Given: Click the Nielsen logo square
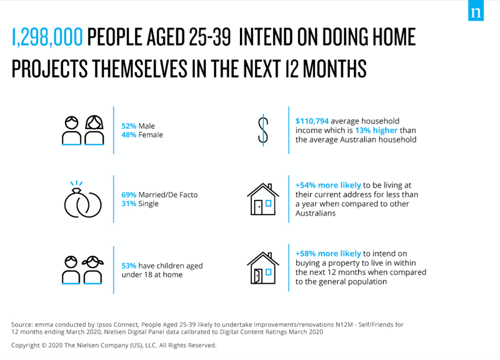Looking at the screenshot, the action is point(476,11).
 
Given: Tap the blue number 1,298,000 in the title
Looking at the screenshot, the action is point(47,37).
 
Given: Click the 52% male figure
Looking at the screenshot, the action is point(129,126).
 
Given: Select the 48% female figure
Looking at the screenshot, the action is point(129,135).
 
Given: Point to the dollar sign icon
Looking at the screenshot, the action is point(263,130).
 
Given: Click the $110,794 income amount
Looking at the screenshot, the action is point(312,121).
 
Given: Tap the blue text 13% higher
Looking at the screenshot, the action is point(376,130).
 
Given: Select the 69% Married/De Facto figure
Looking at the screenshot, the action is point(129,195).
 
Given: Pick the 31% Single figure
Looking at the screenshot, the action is point(129,203).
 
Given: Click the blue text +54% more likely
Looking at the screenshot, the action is point(328,185).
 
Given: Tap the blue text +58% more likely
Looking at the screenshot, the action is point(328,253).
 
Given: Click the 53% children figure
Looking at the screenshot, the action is point(129,266).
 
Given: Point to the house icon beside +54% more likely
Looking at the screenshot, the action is point(263,199).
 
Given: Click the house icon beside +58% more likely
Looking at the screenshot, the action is point(263,268).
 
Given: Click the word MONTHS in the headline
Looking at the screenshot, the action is point(334,68).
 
